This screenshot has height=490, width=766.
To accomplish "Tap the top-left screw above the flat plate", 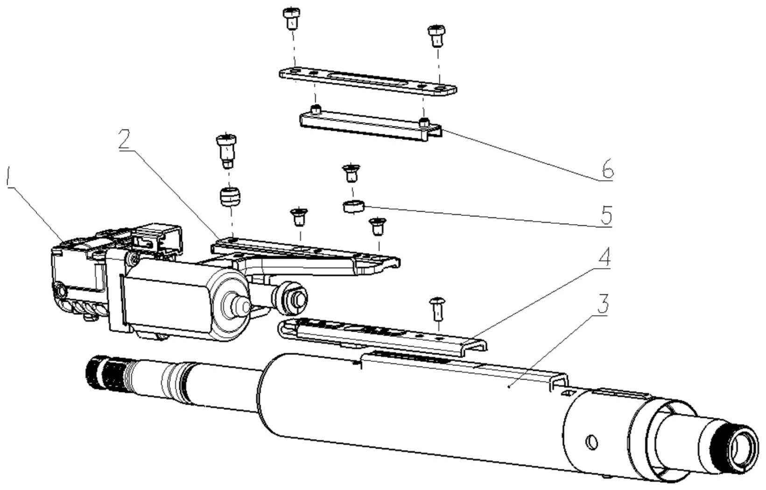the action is (291, 19).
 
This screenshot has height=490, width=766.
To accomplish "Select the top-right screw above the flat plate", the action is (436, 35).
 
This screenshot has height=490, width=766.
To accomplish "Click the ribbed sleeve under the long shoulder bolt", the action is (229, 197).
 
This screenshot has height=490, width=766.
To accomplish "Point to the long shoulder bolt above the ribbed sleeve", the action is (226, 151).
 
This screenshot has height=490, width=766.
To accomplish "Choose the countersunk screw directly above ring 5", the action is (350, 173).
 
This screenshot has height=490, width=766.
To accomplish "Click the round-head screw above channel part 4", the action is (437, 309).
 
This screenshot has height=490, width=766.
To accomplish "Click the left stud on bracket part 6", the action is (316, 110).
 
